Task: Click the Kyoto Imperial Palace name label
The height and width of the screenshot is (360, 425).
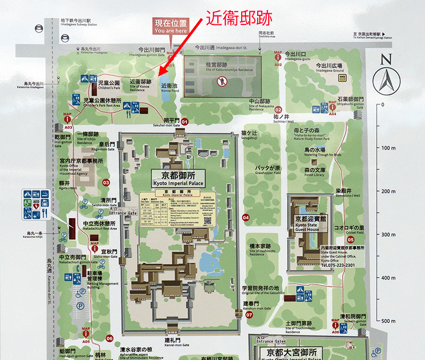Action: (x=178, y=178)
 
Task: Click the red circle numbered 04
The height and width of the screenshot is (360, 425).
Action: (x=245, y=217)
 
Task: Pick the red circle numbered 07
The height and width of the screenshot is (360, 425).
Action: (x=250, y=314)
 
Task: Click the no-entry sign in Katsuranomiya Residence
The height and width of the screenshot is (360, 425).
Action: (x=223, y=81)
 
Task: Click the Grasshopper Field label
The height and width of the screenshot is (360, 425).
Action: (x=267, y=170)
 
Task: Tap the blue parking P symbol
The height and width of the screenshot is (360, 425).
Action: (x=80, y=306)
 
